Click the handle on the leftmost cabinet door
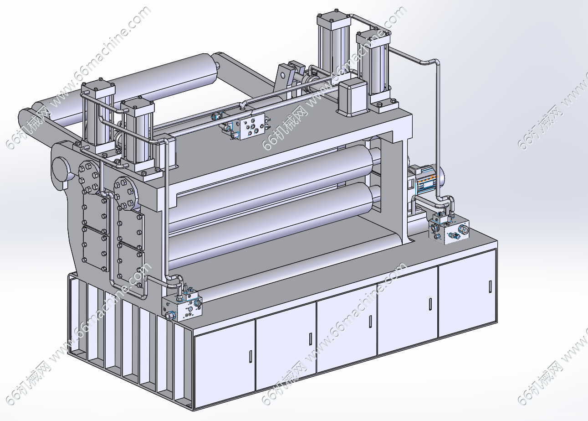pyautogui.click(x=251, y=357)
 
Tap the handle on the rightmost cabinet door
pyautogui.click(x=490, y=286)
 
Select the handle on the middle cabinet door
pyautogui.click(x=370, y=322)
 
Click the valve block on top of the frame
pyautogui.click(x=252, y=126)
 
